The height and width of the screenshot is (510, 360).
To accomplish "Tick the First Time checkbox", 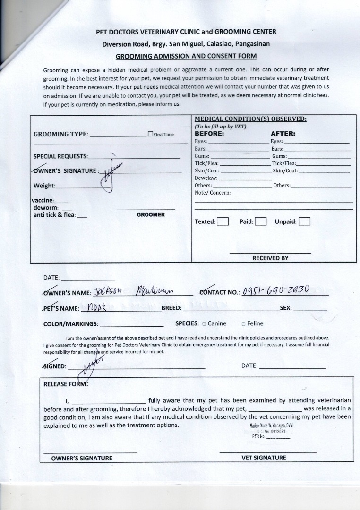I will [150, 134].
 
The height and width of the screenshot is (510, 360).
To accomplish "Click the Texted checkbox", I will [223, 221].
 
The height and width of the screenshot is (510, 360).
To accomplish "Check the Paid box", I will [261, 221].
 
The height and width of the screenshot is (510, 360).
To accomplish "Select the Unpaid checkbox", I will [304, 221].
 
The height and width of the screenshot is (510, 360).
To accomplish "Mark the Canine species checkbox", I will [204, 324].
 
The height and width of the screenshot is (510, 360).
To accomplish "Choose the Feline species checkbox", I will [243, 324].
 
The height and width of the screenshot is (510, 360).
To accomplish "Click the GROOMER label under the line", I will [151, 215].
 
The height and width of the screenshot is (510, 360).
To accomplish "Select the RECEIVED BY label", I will [270, 258].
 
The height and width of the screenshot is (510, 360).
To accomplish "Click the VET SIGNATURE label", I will [264, 458].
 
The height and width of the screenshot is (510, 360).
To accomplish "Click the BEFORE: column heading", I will [209, 134].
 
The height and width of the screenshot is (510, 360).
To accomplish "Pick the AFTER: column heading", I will [283, 134].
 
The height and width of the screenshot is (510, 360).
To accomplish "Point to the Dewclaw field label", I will [206, 178].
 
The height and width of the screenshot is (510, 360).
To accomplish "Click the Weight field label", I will [44, 186].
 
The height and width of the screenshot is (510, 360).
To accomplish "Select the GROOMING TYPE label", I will [60, 134].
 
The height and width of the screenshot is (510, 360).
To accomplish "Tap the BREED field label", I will [171, 308].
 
